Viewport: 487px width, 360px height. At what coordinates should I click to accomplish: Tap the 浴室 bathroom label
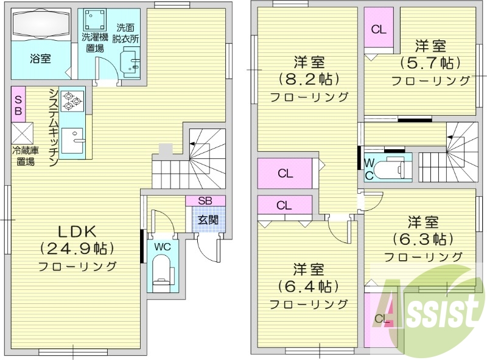[x=40, y=58]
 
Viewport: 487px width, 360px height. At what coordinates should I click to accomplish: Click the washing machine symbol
[x=94, y=22]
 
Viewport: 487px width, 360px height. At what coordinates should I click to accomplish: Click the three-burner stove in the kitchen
[x=72, y=100]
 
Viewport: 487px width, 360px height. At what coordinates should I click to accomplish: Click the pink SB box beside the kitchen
[x=18, y=104]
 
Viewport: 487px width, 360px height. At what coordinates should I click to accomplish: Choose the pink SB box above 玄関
[x=205, y=200]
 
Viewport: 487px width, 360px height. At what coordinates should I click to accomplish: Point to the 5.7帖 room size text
[x=430, y=63]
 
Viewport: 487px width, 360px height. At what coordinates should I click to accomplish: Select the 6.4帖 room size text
[x=309, y=286]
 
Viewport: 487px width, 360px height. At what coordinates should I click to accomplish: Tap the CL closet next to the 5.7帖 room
[x=379, y=29]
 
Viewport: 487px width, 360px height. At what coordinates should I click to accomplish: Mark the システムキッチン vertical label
[x=53, y=127]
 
